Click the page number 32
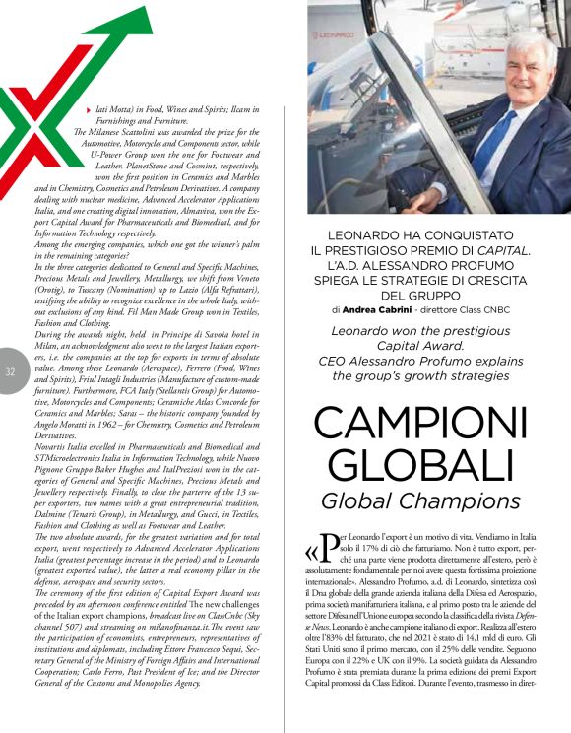(x=10, y=371)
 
